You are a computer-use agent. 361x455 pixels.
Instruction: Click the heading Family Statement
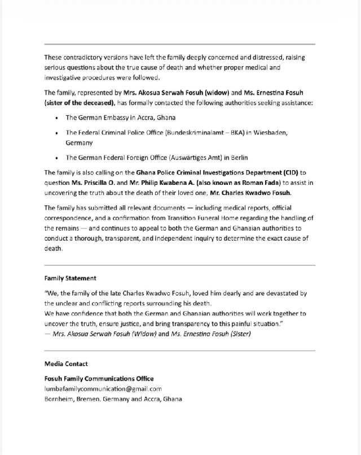(71, 278)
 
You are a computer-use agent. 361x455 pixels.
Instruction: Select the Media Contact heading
(66, 364)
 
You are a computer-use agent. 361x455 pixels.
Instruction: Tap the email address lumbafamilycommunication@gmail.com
(103, 389)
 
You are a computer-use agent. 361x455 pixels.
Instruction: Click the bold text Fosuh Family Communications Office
(99, 379)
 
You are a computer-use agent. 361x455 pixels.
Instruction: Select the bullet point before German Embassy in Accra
(58, 118)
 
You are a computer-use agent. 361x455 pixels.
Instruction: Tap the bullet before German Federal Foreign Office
(58, 158)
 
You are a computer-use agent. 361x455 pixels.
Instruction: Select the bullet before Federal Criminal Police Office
(58, 133)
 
